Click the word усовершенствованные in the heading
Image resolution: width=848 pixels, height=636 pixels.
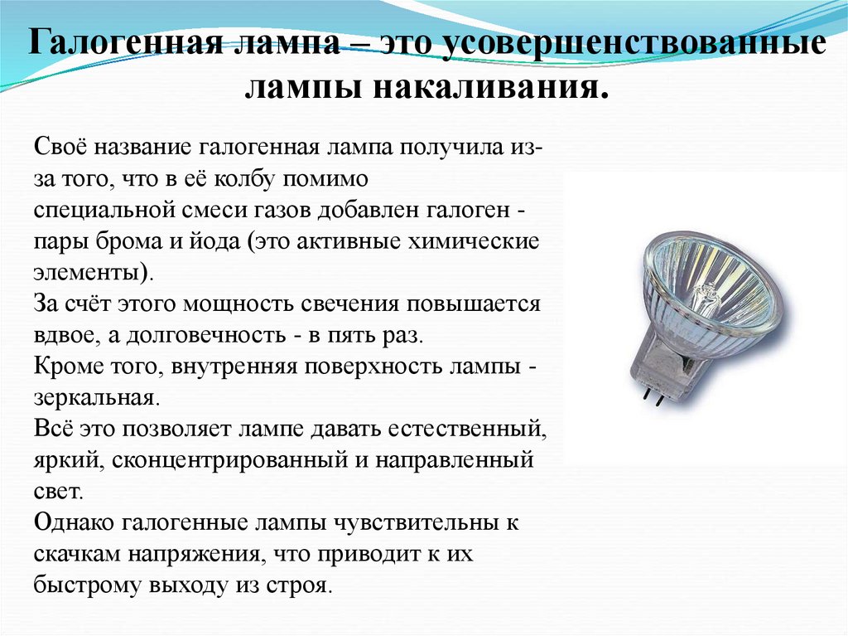click(x=634, y=43)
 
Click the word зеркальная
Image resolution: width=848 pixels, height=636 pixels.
click(x=94, y=397)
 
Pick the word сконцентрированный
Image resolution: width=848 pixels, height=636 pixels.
click(x=225, y=459)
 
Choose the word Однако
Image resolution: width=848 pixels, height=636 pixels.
click(x=75, y=522)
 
